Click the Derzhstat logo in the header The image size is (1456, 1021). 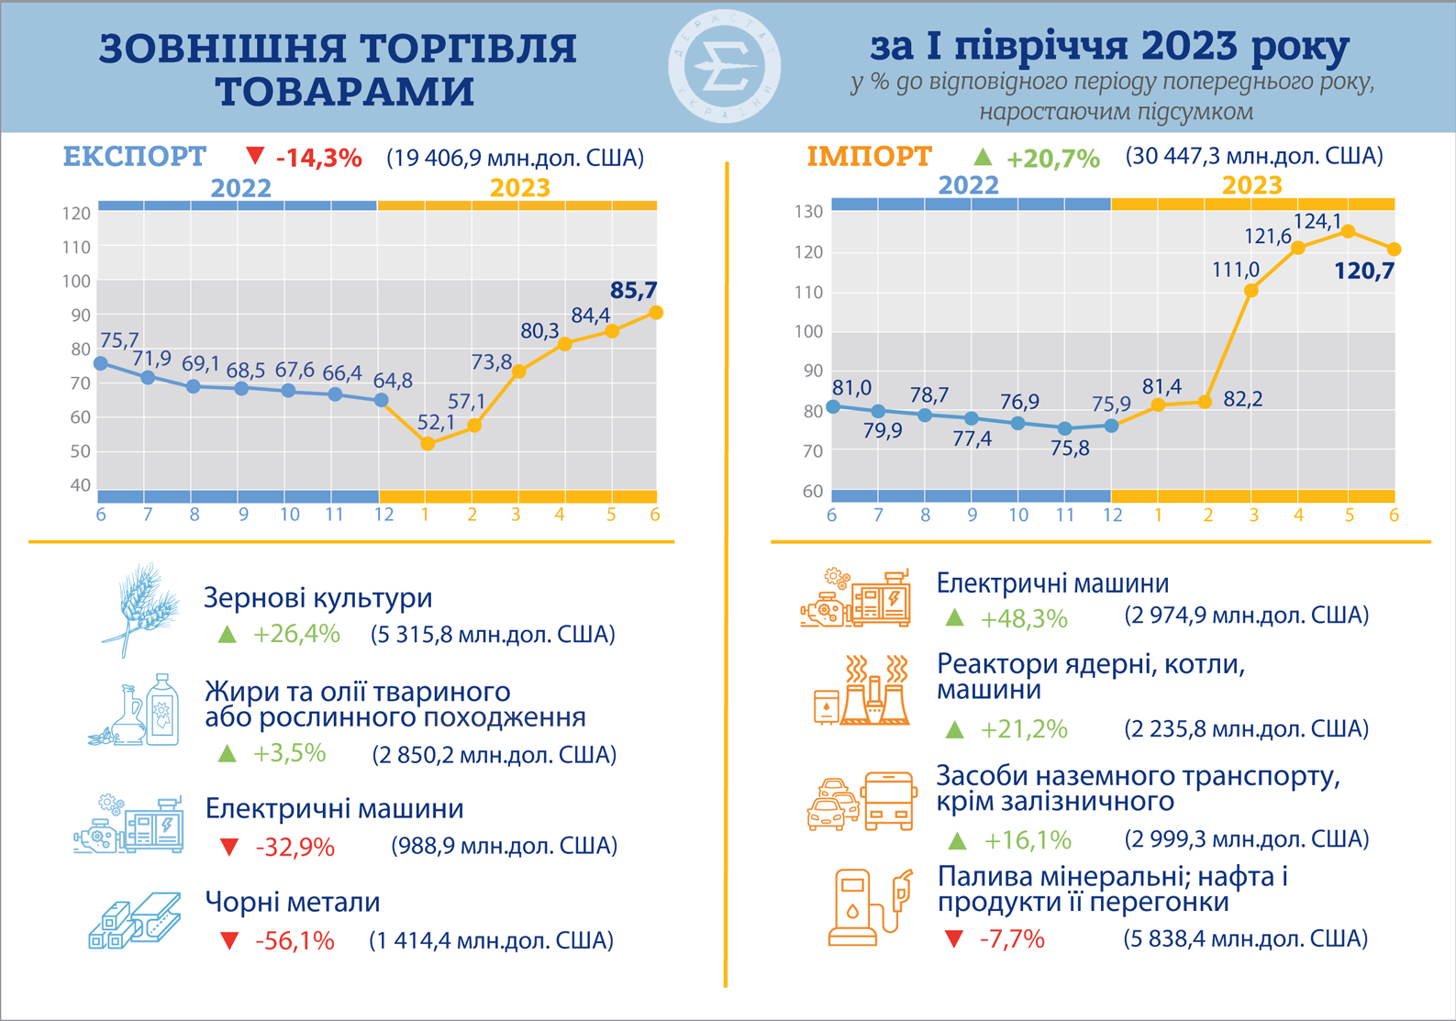(725, 67)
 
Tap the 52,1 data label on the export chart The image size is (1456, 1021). (436, 423)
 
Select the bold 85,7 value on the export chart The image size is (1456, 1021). (634, 291)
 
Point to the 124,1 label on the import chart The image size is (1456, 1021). (1317, 221)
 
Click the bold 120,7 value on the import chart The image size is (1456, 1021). (1364, 271)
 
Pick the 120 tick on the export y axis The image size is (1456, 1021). (76, 214)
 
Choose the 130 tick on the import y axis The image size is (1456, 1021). (808, 212)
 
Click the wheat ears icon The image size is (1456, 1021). (140, 609)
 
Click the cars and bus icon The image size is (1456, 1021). (861, 801)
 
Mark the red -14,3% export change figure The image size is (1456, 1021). (318, 158)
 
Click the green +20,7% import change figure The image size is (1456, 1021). (1052, 159)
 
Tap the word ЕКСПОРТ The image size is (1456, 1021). (135, 157)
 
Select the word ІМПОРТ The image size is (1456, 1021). (869, 157)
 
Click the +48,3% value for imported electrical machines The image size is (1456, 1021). (1024, 619)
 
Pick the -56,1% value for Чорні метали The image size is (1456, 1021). (295, 941)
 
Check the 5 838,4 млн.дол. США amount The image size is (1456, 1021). (1245, 938)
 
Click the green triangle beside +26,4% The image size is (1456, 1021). (227, 634)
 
